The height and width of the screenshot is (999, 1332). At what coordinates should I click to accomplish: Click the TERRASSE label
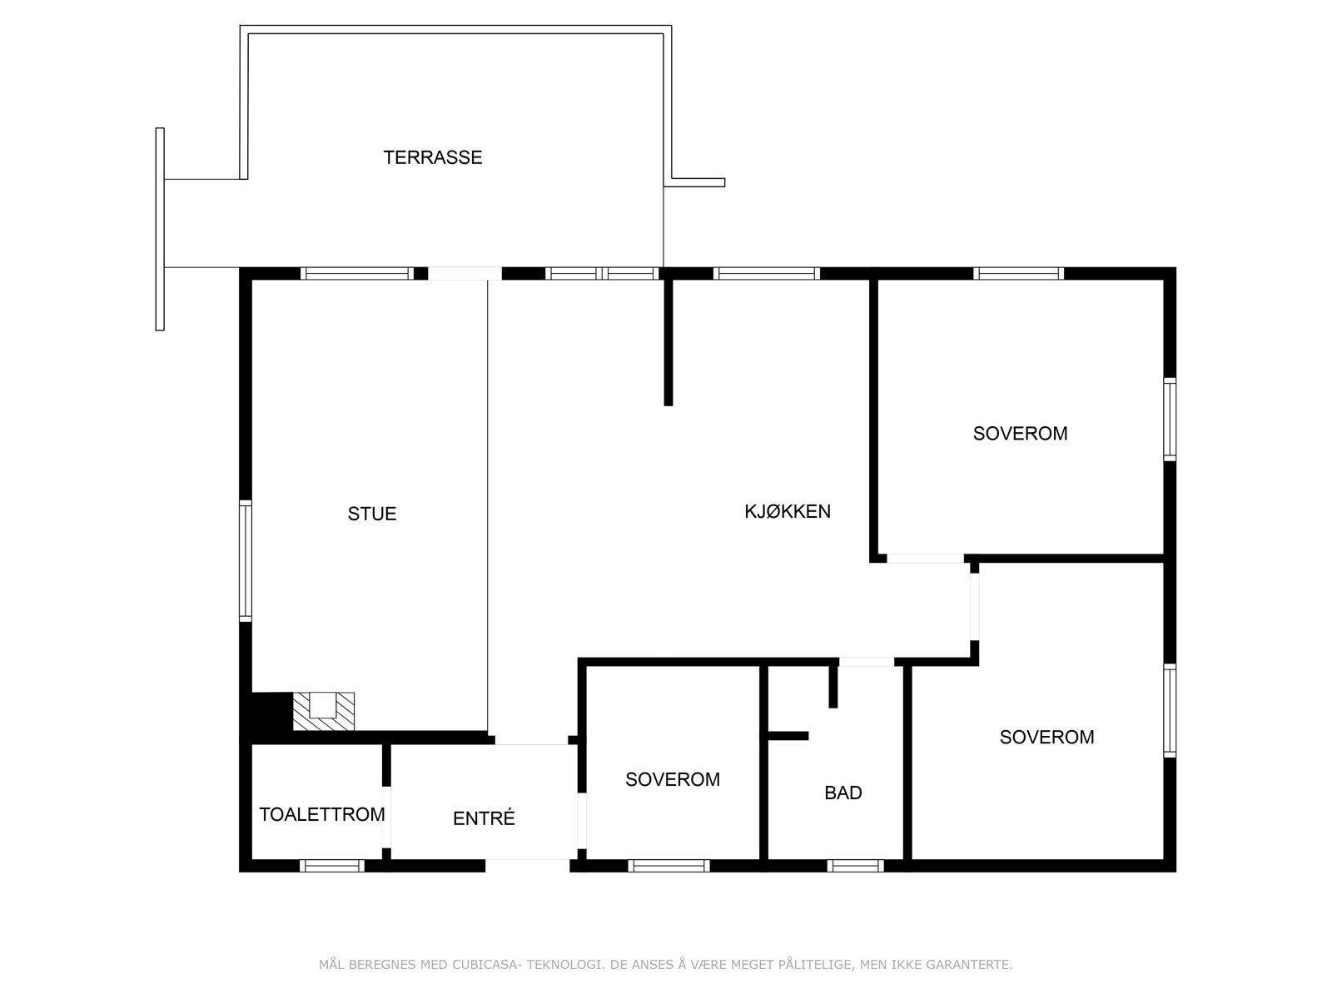point(433,157)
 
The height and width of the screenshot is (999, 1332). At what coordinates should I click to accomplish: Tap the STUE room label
point(372,514)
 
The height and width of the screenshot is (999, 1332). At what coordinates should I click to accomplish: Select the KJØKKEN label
point(788,511)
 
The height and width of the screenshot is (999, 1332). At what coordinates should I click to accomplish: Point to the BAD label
point(843,793)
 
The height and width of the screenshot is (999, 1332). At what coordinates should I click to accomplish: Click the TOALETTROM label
point(322,814)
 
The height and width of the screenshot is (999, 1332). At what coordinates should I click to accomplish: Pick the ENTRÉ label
point(484,818)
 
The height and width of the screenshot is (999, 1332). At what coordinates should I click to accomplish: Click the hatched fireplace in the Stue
point(324,712)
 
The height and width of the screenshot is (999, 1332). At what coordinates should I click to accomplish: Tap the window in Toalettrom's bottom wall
point(332,866)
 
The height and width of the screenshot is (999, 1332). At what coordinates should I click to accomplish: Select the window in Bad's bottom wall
point(855,866)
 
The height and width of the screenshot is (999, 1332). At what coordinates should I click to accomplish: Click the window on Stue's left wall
point(246,560)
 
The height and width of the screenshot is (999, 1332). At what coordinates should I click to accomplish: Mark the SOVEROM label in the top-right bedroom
point(1020,433)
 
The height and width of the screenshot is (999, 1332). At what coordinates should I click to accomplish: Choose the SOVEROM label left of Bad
point(673,779)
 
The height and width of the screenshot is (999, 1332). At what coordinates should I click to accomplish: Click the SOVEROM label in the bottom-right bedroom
point(1046,737)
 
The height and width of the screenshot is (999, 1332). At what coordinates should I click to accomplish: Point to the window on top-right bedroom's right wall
point(1170,419)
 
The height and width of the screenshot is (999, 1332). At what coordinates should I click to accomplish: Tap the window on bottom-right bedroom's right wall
point(1170,710)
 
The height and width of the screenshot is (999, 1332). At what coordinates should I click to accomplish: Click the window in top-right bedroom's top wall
point(1018,273)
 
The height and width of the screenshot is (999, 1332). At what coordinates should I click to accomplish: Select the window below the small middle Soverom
point(668,866)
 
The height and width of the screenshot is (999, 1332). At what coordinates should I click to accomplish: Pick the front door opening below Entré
point(527,866)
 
